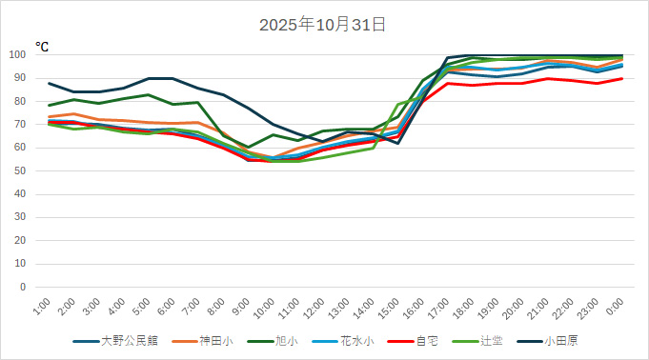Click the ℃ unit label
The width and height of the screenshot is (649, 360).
coord(42,46)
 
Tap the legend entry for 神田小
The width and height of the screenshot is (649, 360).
coord(215,340)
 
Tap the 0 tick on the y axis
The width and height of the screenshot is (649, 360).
coord(22,287)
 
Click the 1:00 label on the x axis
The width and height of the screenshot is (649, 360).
coord(40,306)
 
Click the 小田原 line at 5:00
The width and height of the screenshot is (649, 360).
coord(149,78)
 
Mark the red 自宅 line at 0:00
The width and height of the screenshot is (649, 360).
coord(622,78)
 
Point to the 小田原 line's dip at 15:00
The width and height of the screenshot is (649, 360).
coord(397,143)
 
